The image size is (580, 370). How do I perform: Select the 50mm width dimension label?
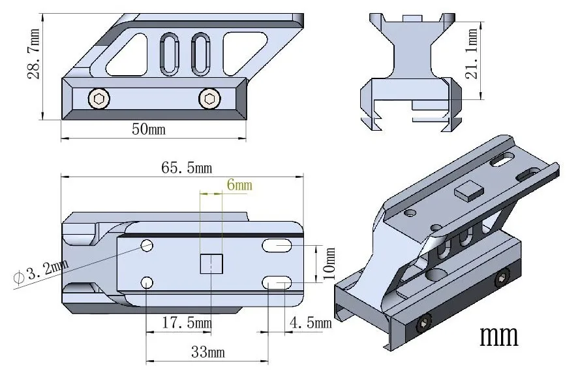point(149,129)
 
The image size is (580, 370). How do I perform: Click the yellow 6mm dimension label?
point(239,186)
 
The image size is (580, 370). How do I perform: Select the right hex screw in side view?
point(209,99)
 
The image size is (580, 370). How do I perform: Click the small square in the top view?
point(211,264)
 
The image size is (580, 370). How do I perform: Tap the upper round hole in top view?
point(147,246)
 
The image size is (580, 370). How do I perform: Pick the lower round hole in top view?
point(147,282)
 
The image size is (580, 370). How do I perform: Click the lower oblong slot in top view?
point(277,282)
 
